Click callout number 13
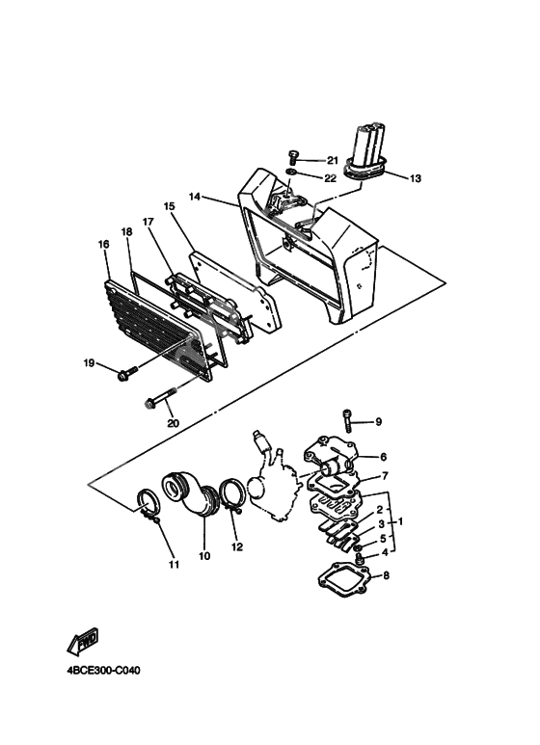(415, 178)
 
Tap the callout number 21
(332, 161)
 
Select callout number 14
(195, 197)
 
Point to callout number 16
(103, 244)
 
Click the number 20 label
(173, 423)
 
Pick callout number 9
(378, 421)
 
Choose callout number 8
(386, 575)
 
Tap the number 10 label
(204, 556)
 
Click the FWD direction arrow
(83, 641)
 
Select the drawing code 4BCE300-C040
(103, 671)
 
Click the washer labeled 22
(291, 171)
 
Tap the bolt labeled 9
(346, 421)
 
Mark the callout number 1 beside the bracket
(400, 521)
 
